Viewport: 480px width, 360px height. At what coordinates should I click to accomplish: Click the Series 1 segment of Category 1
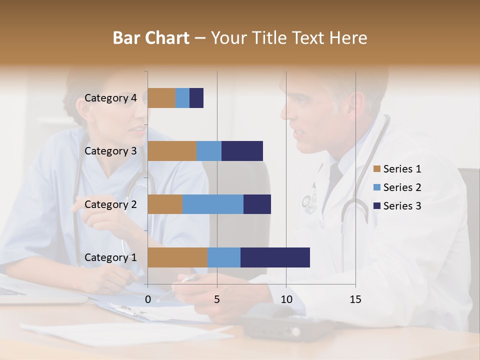177,257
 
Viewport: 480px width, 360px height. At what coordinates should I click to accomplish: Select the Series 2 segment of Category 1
224,257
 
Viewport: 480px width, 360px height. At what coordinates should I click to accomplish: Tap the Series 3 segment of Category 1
275,257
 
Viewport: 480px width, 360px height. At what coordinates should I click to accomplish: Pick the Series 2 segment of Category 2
213,204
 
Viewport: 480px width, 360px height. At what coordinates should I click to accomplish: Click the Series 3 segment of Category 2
257,204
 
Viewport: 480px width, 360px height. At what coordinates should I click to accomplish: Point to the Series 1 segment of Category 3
172,151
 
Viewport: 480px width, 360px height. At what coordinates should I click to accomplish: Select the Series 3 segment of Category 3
242,151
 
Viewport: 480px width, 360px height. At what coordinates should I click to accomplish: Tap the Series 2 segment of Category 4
182,98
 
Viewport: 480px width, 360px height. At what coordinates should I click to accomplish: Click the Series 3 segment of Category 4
196,98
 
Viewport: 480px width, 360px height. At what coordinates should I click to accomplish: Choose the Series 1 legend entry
397,169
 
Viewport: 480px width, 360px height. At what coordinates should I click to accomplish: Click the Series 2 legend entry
397,187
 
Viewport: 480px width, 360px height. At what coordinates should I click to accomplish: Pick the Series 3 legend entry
397,206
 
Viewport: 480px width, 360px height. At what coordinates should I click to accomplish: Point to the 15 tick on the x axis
355,299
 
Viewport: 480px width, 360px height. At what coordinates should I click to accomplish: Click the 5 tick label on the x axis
217,299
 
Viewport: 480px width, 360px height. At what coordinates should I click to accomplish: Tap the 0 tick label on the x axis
148,299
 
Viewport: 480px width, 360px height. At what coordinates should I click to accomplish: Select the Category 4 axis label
110,98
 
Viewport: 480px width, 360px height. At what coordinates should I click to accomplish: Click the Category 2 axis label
110,204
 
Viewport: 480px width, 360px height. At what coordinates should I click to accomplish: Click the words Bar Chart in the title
151,38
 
